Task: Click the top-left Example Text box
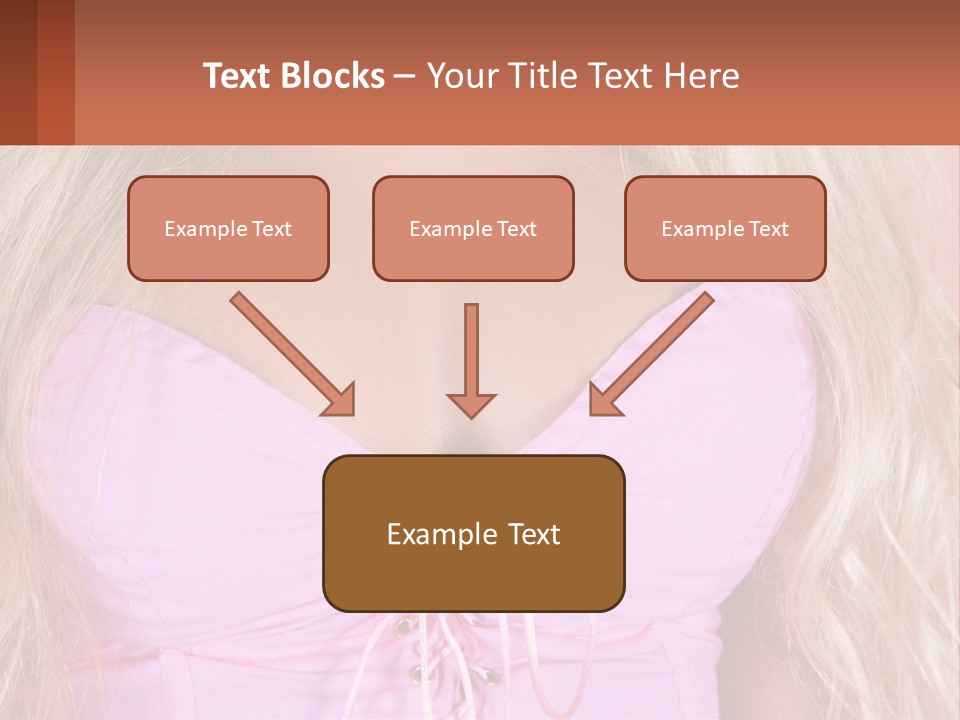pos(228,228)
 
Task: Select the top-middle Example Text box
pos(473,228)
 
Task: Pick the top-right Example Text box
pos(725,228)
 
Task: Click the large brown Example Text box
pos(473,533)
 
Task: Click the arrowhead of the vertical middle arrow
pos(471,404)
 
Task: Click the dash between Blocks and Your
pos(405,76)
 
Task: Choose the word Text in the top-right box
pos(768,229)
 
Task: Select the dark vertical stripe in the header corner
pos(56,72)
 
